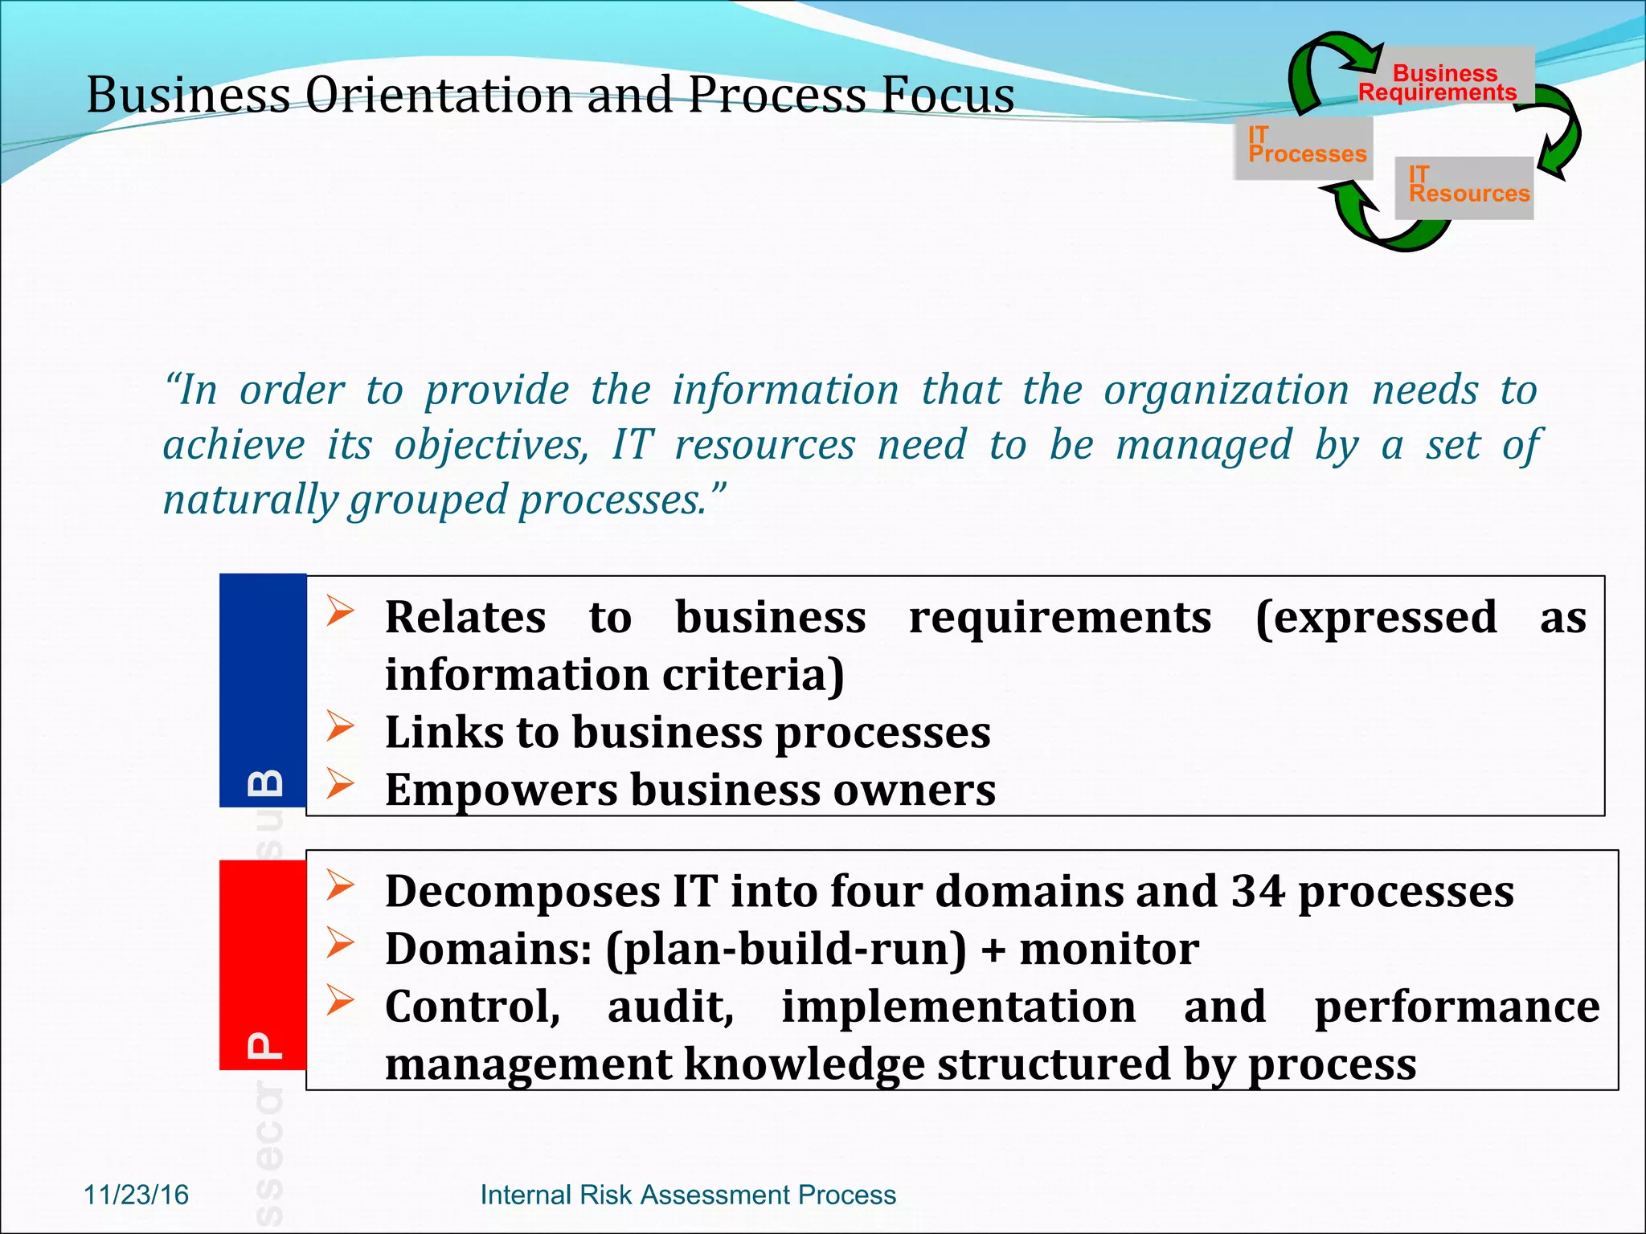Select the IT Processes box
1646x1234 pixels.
[1304, 148]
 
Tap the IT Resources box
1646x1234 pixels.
[1464, 187]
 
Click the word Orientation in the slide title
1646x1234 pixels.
[438, 95]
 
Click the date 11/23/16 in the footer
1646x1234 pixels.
[136, 1195]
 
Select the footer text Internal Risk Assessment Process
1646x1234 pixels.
[688, 1195]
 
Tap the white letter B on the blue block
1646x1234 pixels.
[265, 782]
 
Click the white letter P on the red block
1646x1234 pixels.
[265, 1045]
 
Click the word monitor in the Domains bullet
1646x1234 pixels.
[1109, 949]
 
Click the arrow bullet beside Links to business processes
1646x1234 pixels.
[340, 726]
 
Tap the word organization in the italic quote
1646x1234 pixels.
[1226, 391]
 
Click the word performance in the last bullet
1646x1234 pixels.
[1456, 1007]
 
